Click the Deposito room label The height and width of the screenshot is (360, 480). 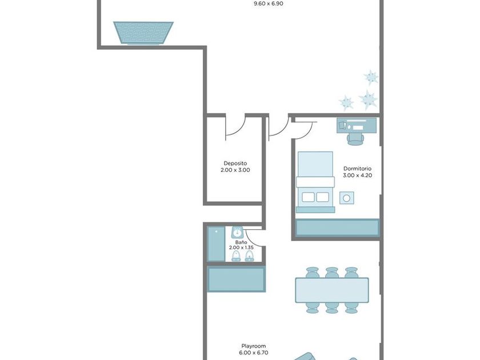coord(235,163)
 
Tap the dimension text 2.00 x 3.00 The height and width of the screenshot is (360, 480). coord(235,170)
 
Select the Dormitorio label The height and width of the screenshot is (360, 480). coord(357,169)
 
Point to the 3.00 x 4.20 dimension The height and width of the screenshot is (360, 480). coord(358,175)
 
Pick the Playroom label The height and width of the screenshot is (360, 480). coord(254,346)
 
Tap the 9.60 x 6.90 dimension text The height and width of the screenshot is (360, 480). coord(269,4)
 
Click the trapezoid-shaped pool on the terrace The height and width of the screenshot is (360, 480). coord(143,33)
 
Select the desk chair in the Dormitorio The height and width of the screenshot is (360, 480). coord(355,139)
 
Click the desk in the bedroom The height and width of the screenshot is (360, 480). coord(357,126)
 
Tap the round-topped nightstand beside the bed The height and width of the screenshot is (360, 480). coord(346,198)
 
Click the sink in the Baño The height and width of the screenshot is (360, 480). coord(237,232)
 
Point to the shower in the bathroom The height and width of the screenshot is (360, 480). coord(216,244)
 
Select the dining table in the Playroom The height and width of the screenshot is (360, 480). coord(332,290)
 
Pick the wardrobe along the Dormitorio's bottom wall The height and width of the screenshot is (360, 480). coord(337,228)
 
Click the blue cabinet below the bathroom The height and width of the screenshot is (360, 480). coord(236,279)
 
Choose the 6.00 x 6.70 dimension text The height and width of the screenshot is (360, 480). coord(254,353)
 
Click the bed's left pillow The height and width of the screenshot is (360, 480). coord(308,197)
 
